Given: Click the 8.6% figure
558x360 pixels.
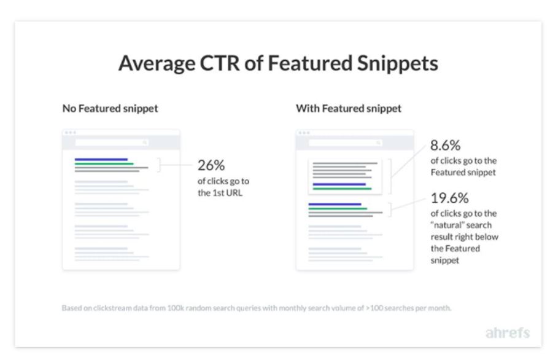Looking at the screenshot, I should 445,146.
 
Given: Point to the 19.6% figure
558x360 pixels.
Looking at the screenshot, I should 449,198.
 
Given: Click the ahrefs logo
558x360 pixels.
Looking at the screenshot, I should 507,333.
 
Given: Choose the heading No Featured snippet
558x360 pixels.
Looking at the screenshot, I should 110,109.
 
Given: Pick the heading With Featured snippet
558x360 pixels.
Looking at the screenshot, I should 349,109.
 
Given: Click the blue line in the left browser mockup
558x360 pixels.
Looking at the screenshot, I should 101,159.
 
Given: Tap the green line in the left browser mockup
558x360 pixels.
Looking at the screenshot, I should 104,163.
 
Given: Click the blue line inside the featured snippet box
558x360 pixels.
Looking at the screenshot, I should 339,184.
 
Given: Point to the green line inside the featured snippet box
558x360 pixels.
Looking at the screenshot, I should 341,189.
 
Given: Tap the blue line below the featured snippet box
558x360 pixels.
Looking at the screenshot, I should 335,204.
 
